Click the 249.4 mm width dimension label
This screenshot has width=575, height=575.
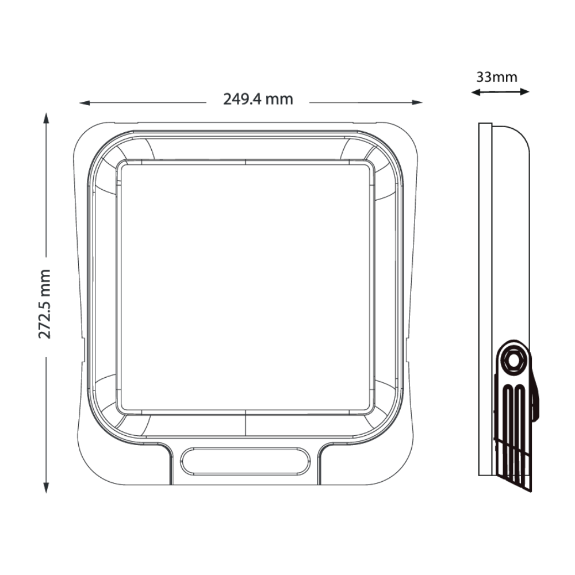point(258,99)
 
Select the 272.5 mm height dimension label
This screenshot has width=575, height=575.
point(45,303)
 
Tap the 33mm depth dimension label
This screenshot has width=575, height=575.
point(496,76)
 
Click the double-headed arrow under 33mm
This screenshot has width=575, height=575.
point(500,91)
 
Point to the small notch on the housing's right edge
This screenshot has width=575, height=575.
point(409,348)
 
